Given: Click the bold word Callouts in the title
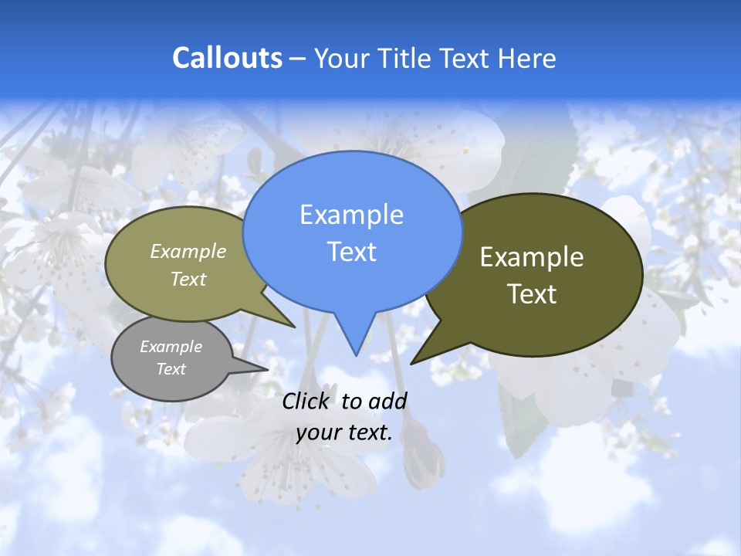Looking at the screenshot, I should [227, 58].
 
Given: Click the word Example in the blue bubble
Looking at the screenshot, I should [351, 215].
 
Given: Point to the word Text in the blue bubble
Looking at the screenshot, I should [351, 251].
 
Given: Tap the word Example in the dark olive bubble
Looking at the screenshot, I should [532, 257].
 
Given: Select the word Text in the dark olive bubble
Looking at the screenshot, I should [532, 293].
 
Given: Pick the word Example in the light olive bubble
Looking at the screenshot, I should [188, 251].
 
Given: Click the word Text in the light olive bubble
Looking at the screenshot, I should [188, 279].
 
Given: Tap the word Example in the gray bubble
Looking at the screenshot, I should [171, 347].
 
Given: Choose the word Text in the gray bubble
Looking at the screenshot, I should [171, 369].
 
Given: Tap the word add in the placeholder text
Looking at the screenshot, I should [387, 401].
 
